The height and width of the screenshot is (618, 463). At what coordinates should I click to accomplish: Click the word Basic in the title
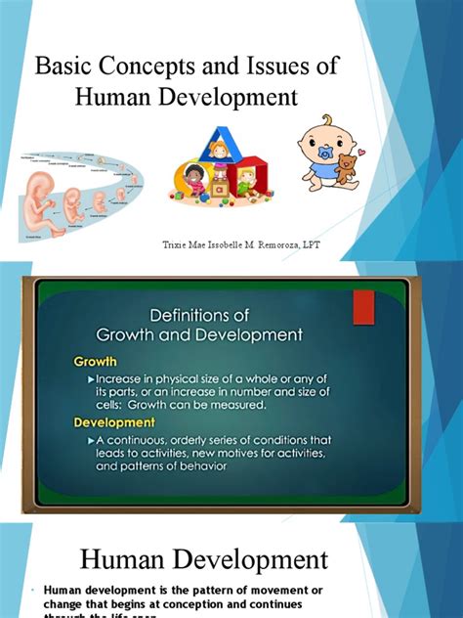62,67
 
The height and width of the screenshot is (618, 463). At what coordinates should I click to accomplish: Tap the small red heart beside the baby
360,154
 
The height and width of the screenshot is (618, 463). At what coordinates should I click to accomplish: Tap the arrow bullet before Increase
91,377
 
